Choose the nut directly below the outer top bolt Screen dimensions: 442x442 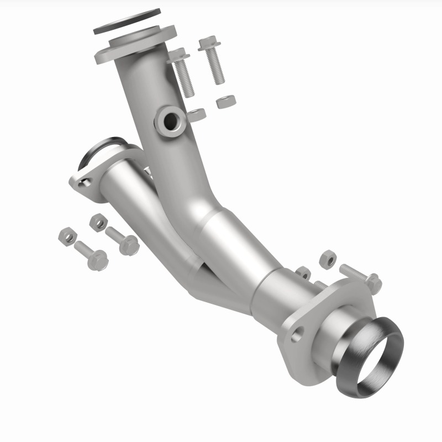point(225,102)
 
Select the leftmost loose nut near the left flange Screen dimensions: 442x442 point(66,236)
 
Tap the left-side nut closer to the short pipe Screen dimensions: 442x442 point(98,222)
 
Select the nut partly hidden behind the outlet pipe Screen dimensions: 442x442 point(303,272)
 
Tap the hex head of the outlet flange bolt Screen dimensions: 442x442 point(373,283)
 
